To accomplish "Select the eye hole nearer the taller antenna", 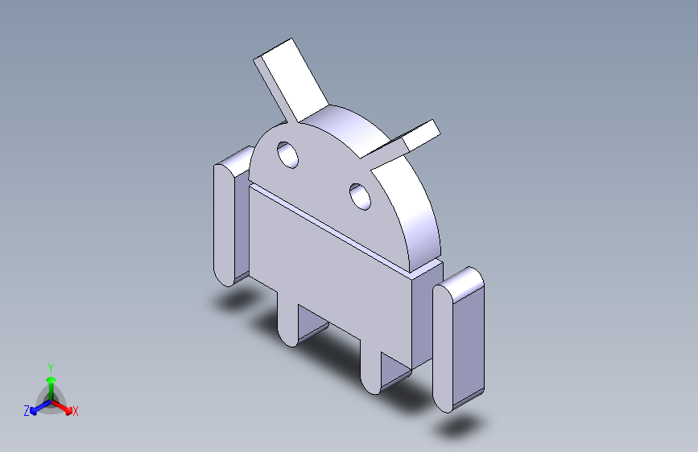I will coord(287,154).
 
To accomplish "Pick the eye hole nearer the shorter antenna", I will coord(360,195).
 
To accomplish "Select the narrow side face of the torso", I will coord(425,314).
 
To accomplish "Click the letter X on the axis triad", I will coord(76,412).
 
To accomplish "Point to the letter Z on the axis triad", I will coord(27,411).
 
